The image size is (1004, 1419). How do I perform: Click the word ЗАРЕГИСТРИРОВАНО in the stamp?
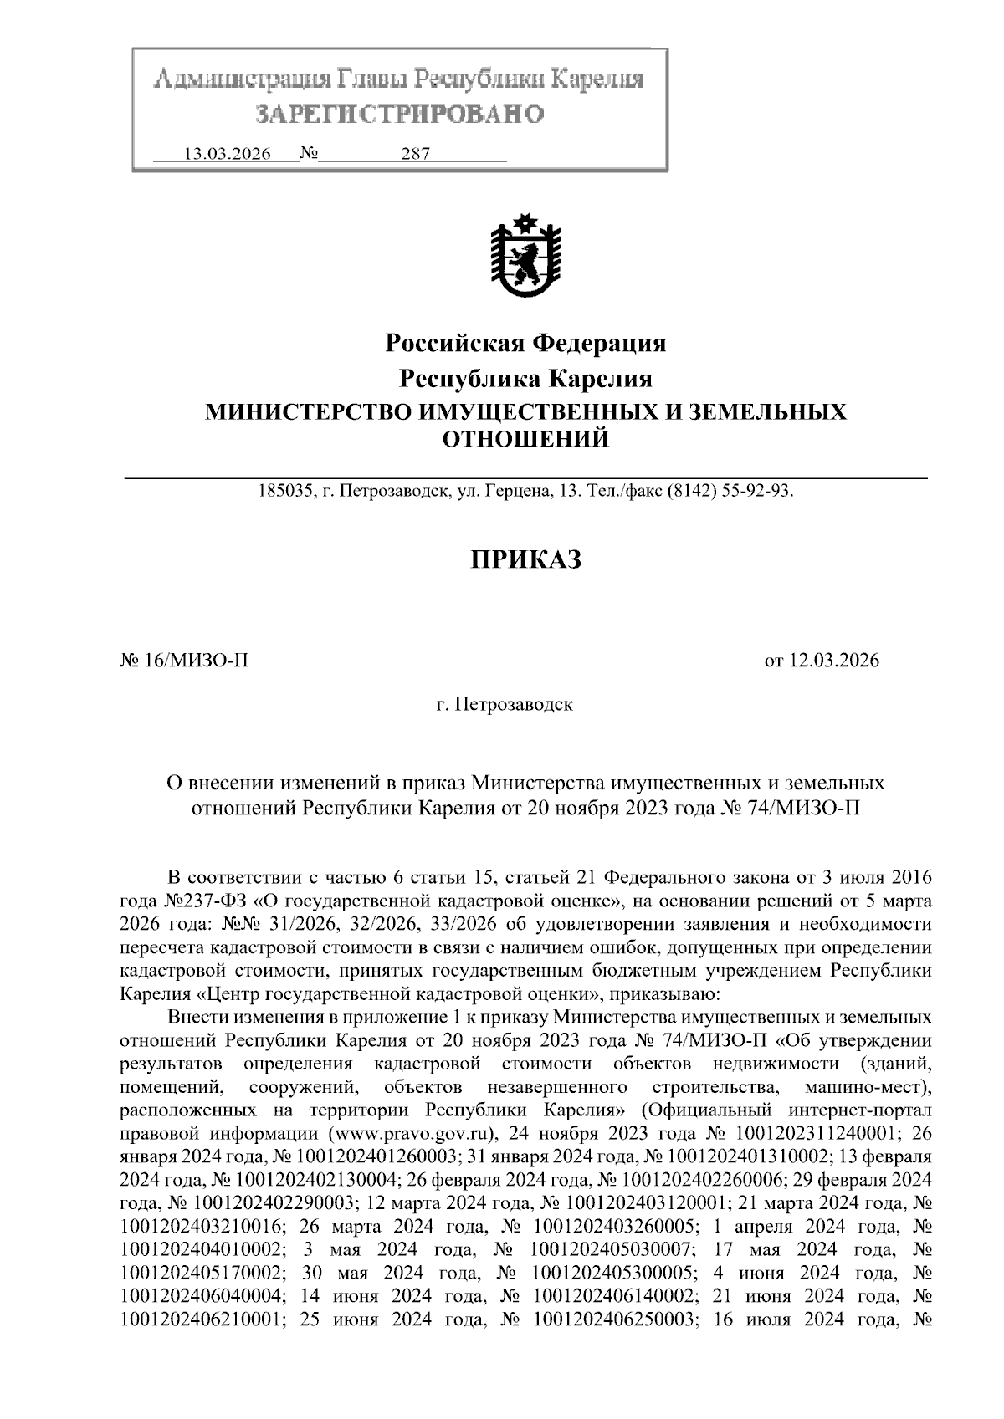click(399, 113)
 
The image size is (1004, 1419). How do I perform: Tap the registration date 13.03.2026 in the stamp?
click(227, 155)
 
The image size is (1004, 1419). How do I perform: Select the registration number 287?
click(415, 155)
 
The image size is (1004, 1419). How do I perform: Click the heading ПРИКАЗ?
click(525, 559)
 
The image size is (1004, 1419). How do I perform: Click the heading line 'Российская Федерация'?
click(525, 342)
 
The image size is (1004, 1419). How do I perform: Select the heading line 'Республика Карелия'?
click(525, 379)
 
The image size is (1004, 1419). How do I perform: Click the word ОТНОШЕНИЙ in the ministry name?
click(525, 438)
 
